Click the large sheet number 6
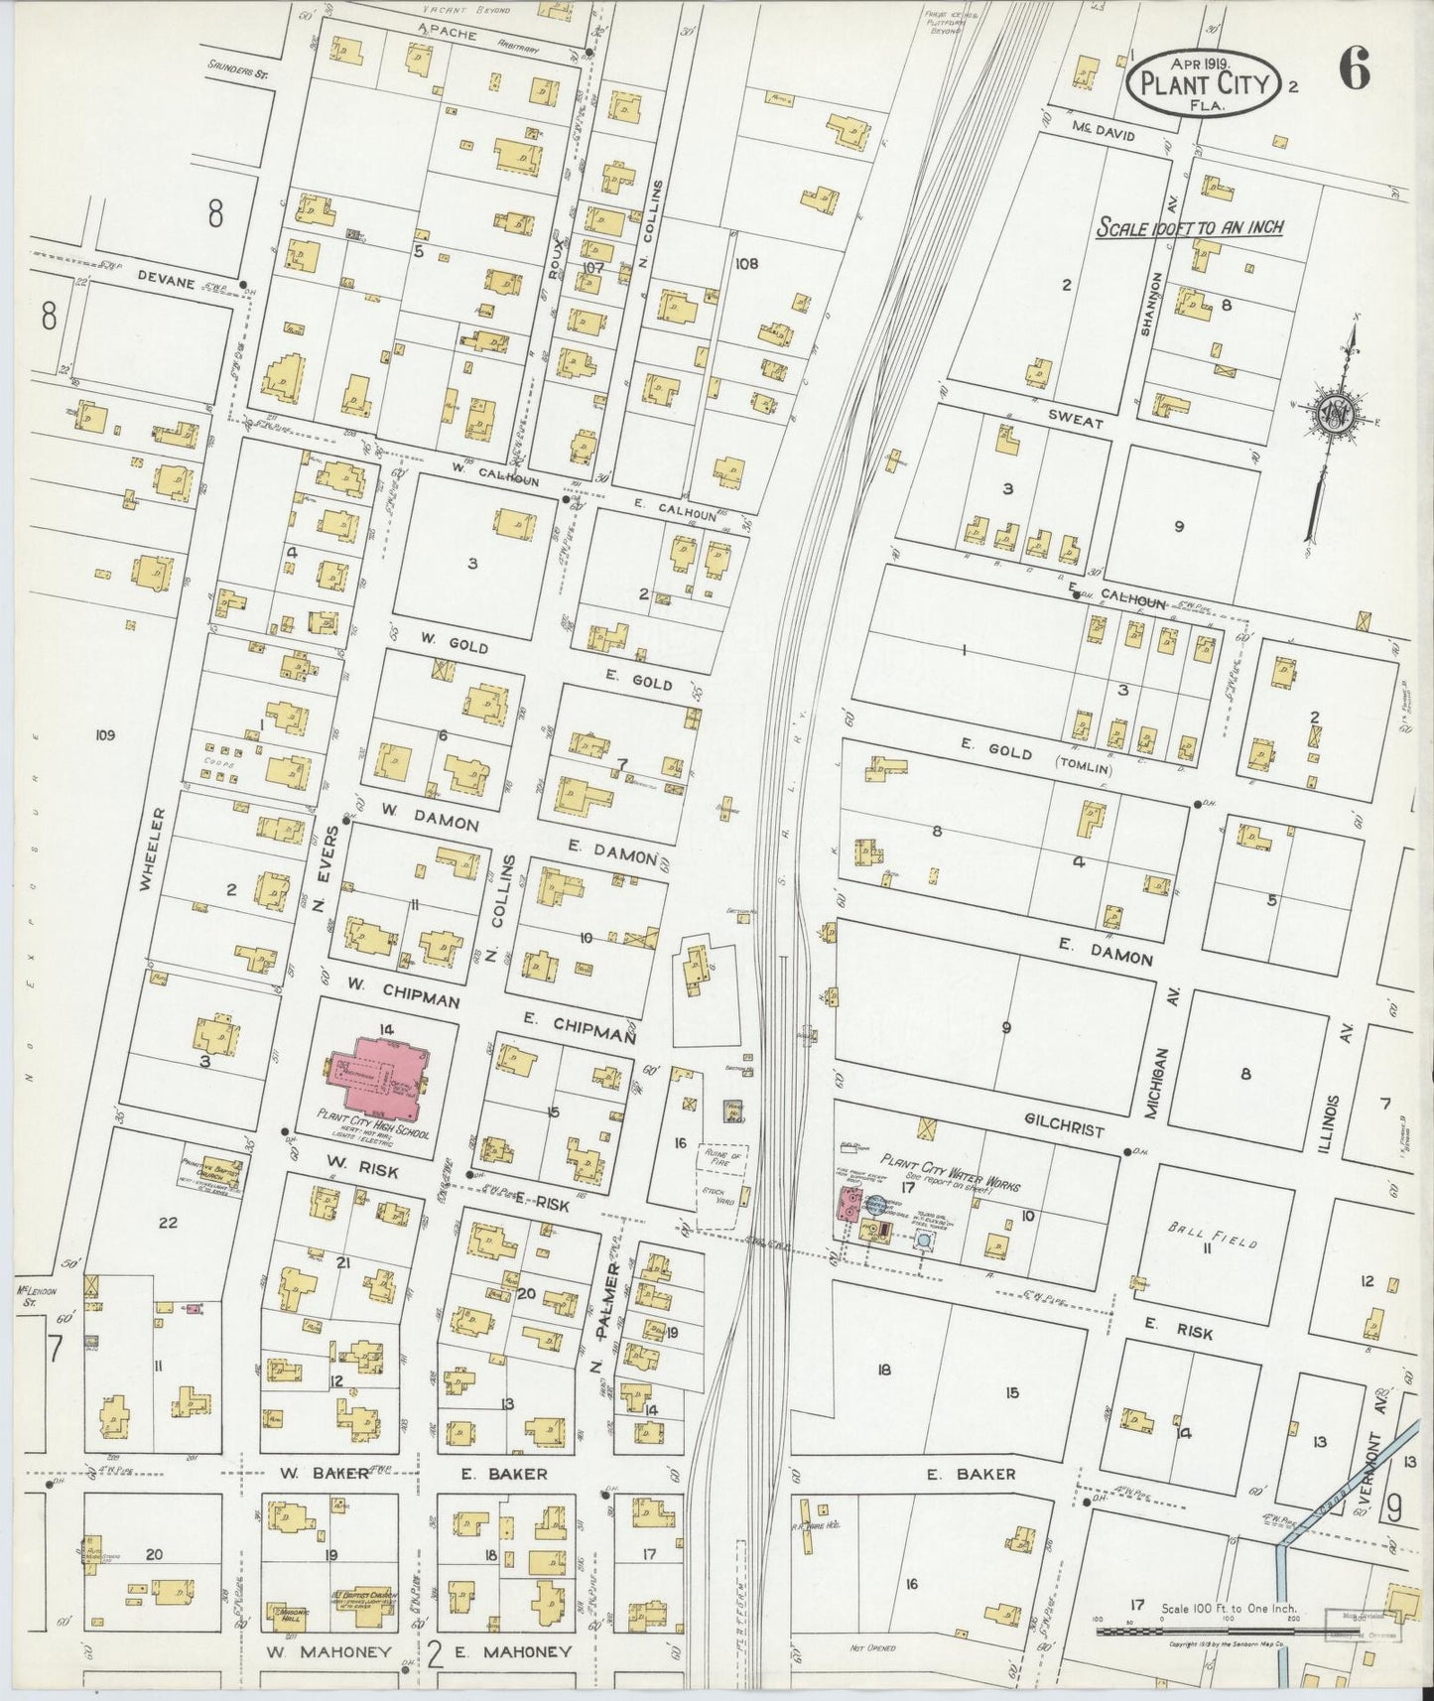tap(1356, 70)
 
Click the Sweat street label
tap(1076, 423)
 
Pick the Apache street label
tap(447, 35)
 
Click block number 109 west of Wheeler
tap(105, 735)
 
